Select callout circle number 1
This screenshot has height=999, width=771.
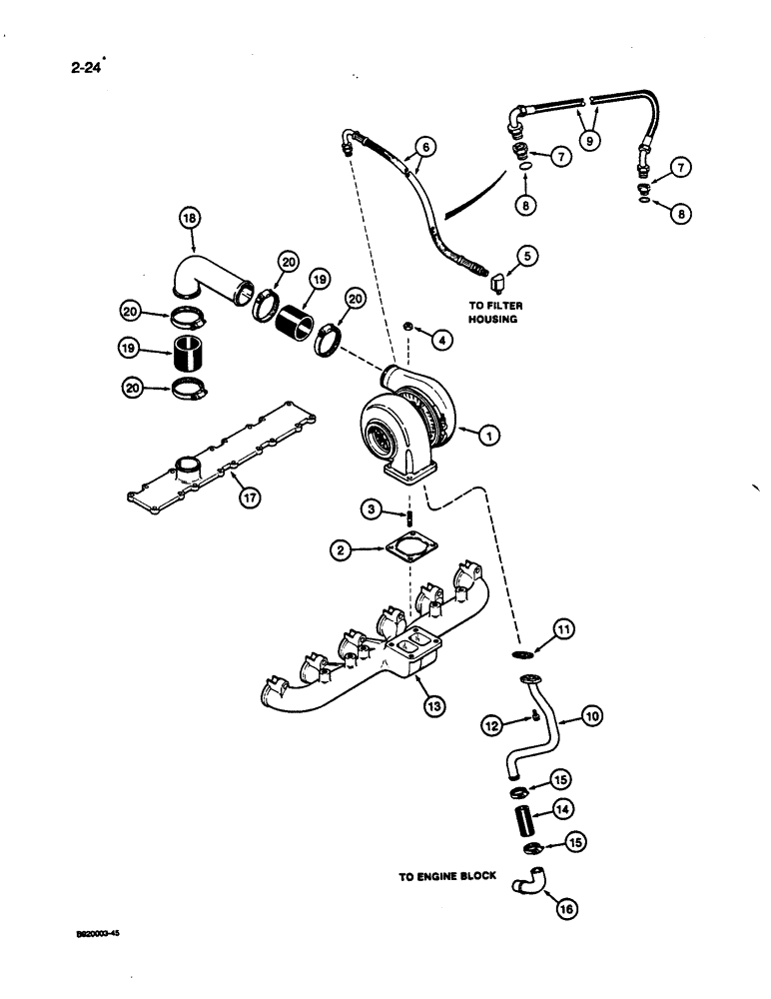coord(488,435)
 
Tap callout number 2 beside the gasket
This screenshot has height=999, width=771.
coord(342,548)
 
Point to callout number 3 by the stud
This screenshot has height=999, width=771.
coord(370,510)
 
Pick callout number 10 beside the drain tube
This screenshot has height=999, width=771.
coord(592,715)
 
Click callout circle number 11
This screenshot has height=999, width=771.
coord(564,628)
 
